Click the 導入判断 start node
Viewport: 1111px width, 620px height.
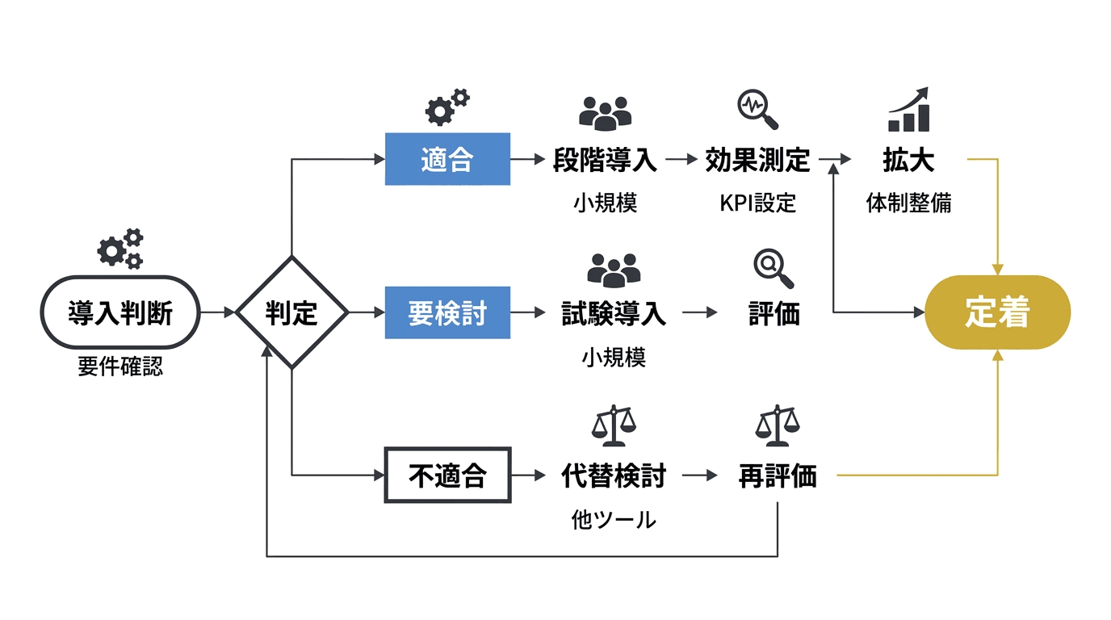coord(120,312)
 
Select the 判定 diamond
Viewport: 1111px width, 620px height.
coord(291,312)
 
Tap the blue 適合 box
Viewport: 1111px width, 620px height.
coord(447,159)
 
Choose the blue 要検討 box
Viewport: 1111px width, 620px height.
coord(447,312)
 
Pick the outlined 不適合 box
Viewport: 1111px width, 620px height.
coord(447,475)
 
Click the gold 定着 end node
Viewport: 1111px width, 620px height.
coord(997,312)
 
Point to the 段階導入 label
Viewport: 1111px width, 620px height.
coord(605,160)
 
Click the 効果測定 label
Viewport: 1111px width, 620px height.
coord(757,160)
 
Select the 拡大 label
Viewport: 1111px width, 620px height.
coord(908,160)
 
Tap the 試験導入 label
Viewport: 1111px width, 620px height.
coord(614,313)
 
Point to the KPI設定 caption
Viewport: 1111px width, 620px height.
coord(757,203)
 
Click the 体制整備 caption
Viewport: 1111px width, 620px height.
coord(908,203)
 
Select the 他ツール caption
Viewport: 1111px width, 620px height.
coord(614,520)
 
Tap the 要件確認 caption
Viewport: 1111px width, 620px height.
coord(120,367)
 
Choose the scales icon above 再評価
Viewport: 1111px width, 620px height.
coord(777,425)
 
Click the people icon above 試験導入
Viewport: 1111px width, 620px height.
coord(614,269)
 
